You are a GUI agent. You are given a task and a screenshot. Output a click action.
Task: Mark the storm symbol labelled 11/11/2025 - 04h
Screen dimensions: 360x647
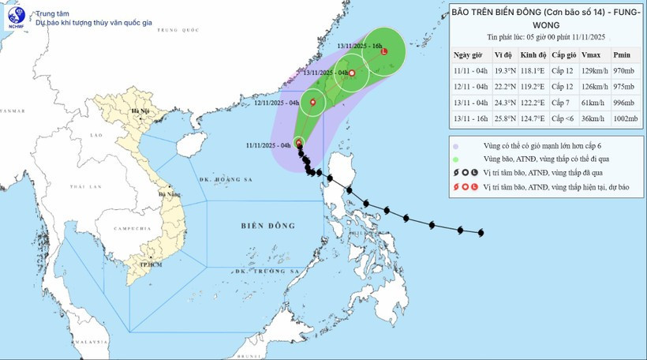298,142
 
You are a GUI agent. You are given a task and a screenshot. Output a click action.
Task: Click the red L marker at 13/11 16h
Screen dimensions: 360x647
384,53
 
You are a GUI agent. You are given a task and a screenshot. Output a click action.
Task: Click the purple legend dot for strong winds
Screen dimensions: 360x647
457,146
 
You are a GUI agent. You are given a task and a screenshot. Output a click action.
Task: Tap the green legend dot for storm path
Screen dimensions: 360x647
457,159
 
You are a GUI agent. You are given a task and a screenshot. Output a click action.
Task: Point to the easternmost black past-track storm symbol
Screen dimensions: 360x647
481,232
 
